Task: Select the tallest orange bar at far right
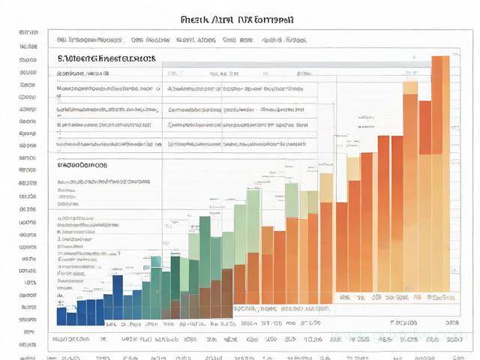pos(440,105)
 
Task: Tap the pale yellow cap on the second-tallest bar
pos(410,87)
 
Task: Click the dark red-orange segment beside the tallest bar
pos(425,127)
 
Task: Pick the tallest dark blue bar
pos(117,297)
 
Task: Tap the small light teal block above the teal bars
pos(156,262)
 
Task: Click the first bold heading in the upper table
pos(106,58)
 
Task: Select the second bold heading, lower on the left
pos(82,164)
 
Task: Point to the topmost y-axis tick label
pos(28,33)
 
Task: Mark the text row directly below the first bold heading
pos(82,74)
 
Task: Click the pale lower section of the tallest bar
pos(440,225)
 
